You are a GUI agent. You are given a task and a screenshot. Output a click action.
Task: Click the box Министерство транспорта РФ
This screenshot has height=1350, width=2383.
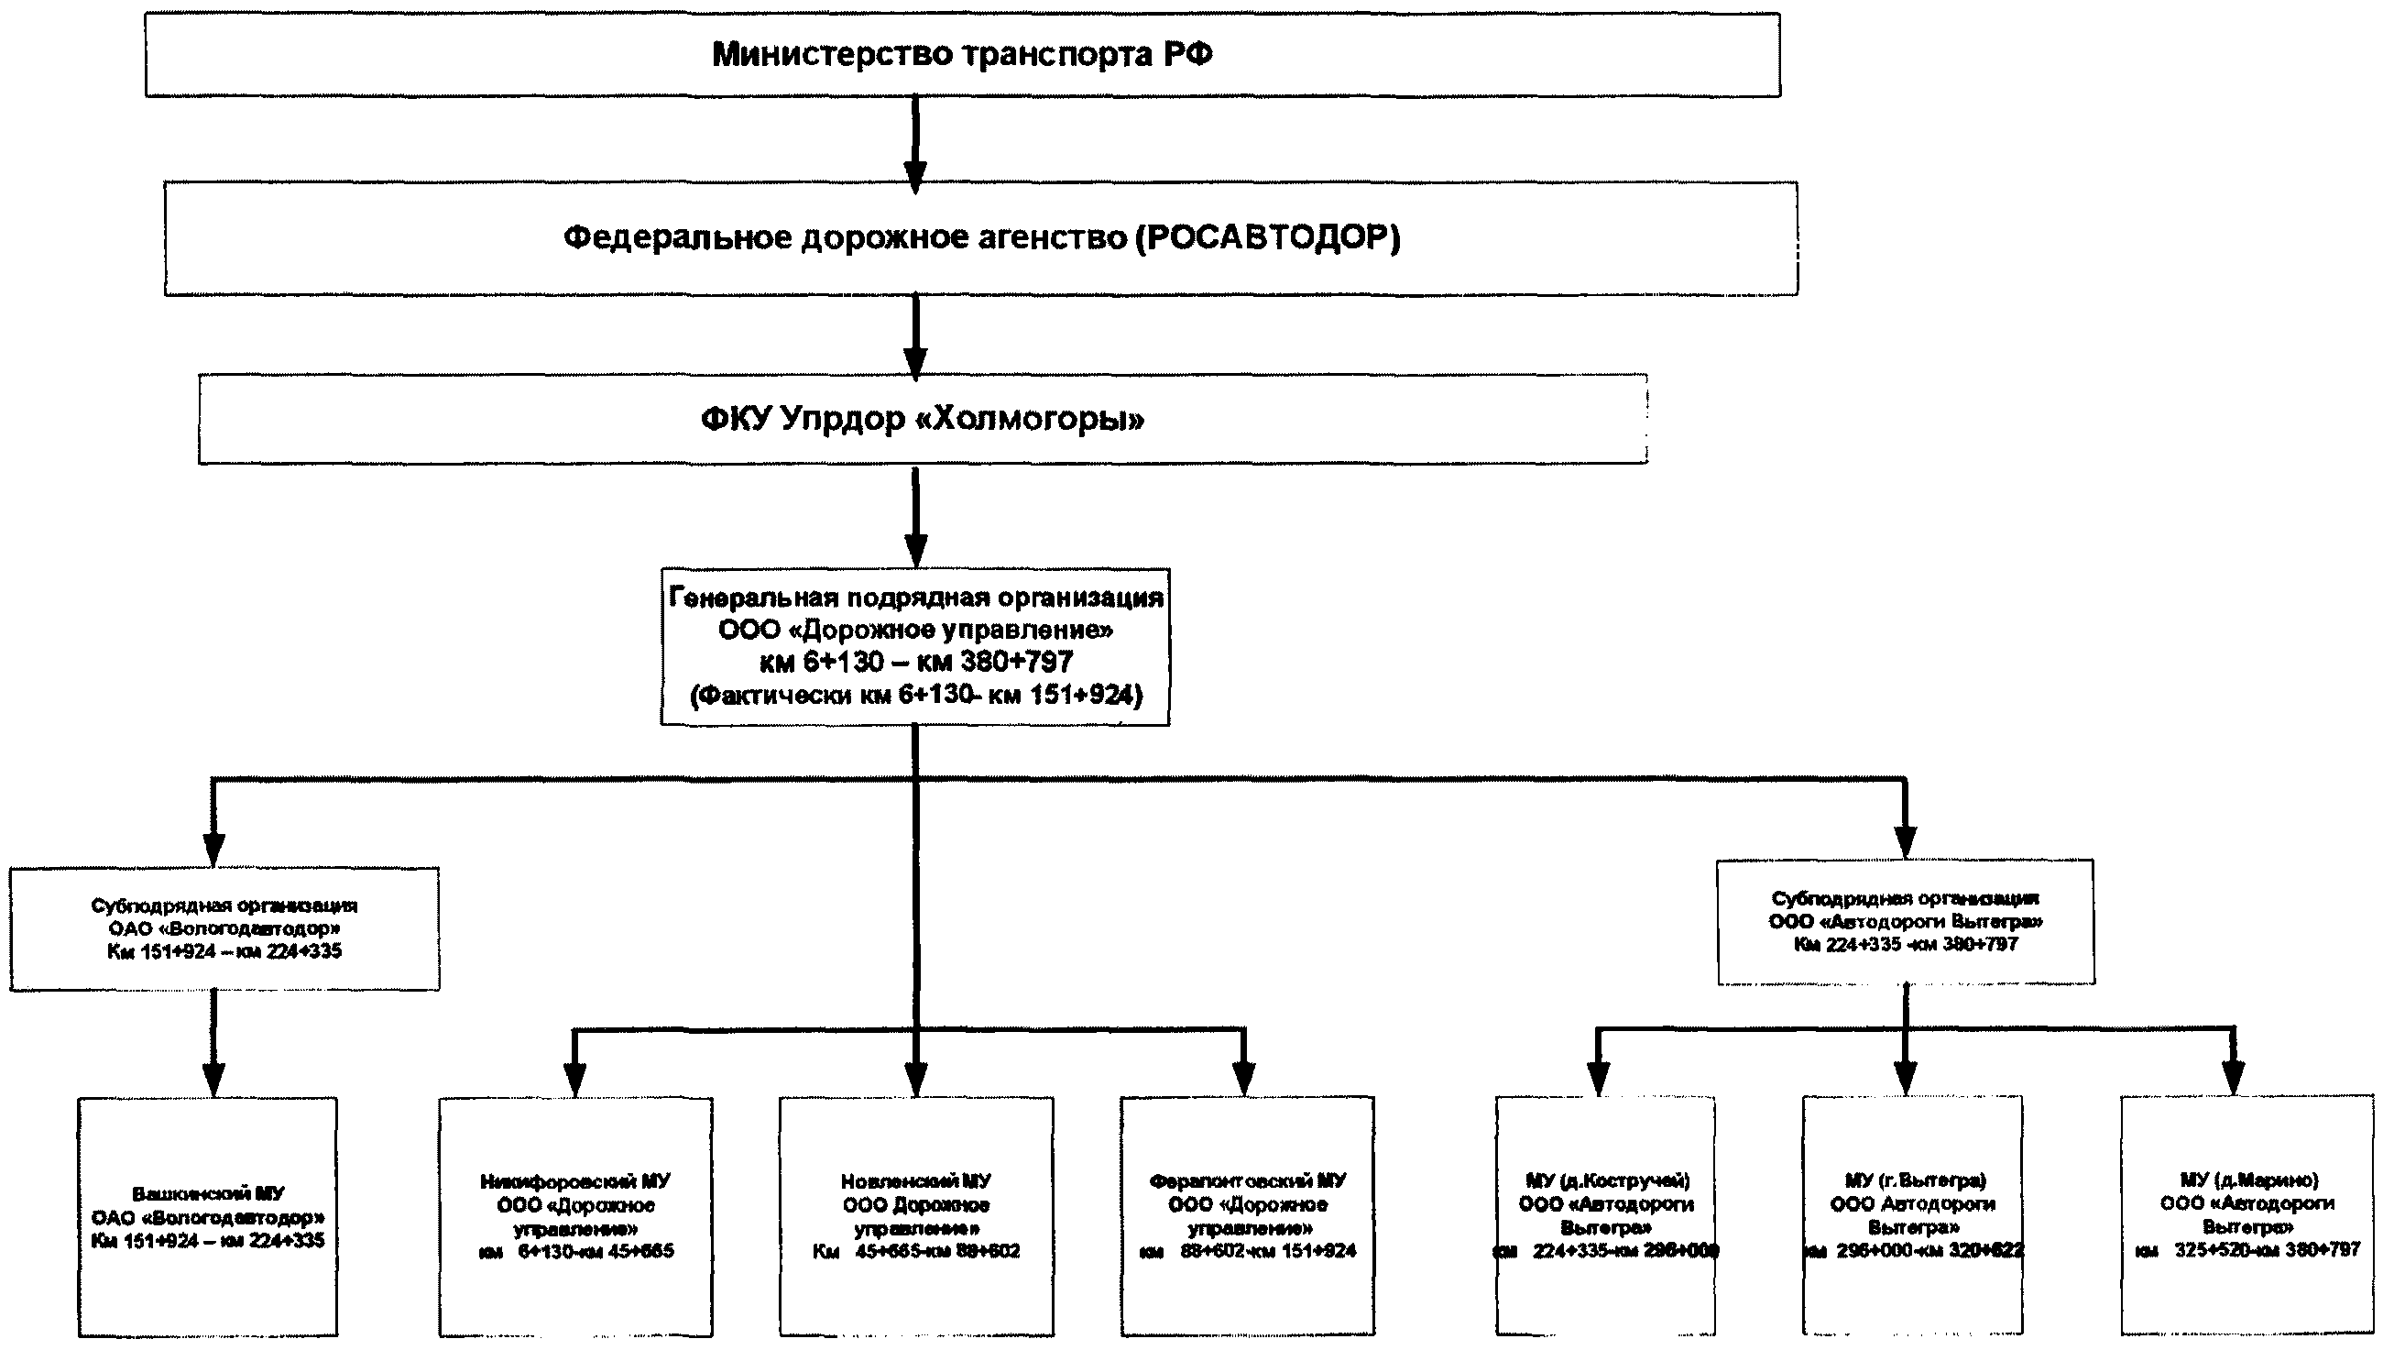coord(962,55)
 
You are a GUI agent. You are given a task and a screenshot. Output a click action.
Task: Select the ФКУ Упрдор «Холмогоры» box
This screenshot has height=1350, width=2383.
coord(923,419)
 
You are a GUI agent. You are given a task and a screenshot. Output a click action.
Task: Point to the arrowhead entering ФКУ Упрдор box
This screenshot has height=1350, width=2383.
coord(916,362)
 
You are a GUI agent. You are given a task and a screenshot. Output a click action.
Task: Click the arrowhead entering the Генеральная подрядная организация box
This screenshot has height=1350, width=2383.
coord(916,549)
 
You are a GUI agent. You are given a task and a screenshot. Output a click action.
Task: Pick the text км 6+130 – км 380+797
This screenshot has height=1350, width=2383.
coord(916,662)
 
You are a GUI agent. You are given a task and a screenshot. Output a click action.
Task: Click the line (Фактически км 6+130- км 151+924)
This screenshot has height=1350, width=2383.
coord(916,695)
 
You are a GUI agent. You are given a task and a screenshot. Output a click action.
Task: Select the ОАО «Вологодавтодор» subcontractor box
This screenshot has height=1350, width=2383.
coord(224,928)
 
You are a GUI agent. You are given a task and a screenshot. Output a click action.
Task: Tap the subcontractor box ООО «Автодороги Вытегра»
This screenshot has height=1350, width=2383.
coord(1906,922)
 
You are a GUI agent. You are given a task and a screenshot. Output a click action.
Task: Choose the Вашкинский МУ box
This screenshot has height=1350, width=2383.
coord(208,1216)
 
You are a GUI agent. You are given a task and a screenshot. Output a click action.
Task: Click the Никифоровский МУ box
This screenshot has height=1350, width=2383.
coord(575,1215)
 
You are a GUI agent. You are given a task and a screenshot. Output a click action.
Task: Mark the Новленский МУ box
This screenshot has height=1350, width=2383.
coord(916,1215)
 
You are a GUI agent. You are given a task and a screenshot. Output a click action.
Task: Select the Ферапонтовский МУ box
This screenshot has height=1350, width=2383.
coord(1248,1215)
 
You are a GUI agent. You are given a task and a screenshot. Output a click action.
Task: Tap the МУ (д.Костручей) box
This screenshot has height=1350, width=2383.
coord(1606,1215)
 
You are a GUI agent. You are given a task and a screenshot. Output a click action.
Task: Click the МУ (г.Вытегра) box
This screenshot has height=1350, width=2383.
coord(1913,1215)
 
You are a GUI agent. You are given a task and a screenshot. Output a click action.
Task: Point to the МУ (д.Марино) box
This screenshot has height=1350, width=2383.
coord(2247,1215)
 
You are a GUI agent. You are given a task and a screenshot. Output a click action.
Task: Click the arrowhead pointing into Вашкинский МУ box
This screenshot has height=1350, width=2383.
coord(213,1080)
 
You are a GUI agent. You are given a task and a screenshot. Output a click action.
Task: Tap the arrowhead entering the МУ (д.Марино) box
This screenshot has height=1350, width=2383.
coord(2234,1078)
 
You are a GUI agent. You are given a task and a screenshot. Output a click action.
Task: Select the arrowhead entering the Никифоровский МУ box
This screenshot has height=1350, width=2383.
coord(574,1080)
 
